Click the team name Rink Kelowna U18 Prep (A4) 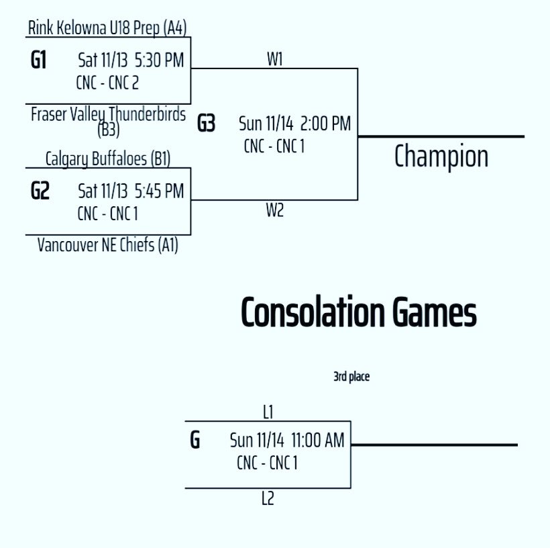coord(107,28)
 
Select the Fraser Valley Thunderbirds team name coord(108,114)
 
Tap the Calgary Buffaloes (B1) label coord(108,159)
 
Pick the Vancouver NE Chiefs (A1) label coord(107,246)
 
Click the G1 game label coord(39,60)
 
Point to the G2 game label coord(40,191)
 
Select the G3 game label coord(207,124)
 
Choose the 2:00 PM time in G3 coord(325,124)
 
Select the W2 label coord(275,211)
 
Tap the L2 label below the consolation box coord(268,499)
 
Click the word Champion coord(441,156)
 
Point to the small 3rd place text coord(351,377)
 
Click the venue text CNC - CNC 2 coord(108,83)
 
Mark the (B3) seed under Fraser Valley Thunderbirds coord(108,130)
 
